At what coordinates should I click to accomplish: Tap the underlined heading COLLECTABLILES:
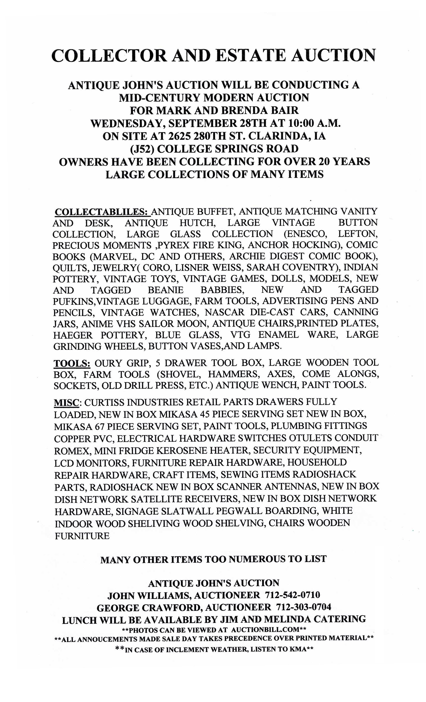[101, 212]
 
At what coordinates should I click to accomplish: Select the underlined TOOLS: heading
[72, 363]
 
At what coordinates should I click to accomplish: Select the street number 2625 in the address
[179, 136]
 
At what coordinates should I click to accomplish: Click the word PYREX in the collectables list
[176, 245]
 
